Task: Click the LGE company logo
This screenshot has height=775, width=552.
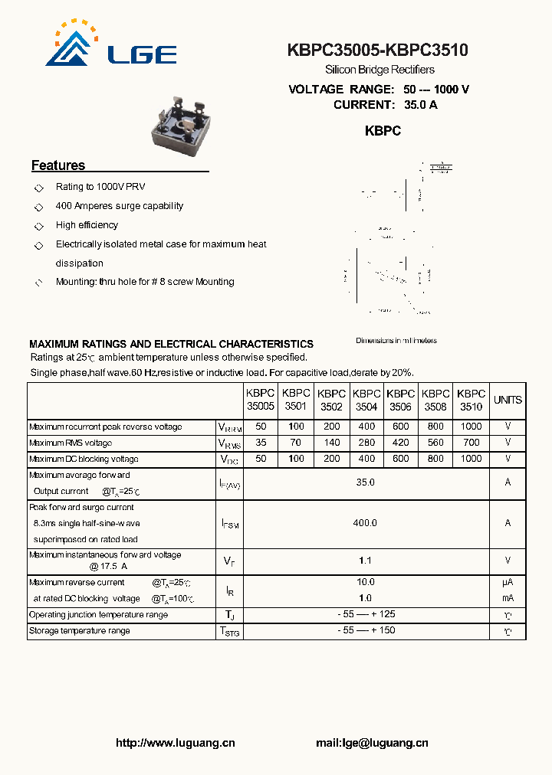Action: click(111, 45)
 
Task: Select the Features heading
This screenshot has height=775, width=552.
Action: click(58, 165)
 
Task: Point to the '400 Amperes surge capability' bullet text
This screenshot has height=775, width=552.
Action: click(119, 206)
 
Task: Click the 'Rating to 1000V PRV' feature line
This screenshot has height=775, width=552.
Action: click(100, 187)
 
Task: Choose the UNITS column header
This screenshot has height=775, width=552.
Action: click(508, 400)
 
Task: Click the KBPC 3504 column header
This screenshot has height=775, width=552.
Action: click(366, 400)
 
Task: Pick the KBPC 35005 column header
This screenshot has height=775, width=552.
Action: click(260, 400)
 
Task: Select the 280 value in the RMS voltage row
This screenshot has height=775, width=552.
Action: click(366, 443)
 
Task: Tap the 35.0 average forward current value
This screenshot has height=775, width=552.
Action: click(366, 482)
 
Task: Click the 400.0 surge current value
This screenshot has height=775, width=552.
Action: click(366, 523)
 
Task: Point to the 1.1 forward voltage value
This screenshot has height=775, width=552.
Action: click(366, 561)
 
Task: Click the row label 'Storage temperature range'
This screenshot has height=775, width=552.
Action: click(80, 631)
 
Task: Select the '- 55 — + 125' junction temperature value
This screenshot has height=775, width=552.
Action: click(366, 615)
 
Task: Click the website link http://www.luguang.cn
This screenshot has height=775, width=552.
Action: click(175, 743)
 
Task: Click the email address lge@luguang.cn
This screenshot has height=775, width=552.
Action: click(372, 743)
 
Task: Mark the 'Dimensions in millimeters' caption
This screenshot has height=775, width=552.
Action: click(396, 341)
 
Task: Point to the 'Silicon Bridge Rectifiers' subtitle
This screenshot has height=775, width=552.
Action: click(379, 70)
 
